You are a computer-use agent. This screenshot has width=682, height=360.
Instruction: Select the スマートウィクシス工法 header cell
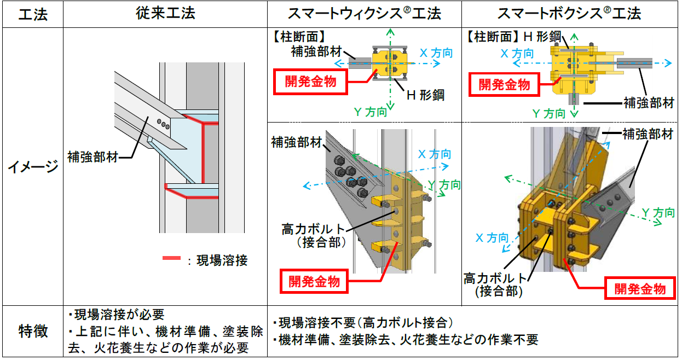point(364,14)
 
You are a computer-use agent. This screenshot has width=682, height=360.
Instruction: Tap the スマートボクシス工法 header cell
point(570,14)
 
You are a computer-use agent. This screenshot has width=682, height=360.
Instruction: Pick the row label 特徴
point(32,331)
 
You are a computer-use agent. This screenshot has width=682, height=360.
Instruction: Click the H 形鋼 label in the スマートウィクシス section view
point(425,95)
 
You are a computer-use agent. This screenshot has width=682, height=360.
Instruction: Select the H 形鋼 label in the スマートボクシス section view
point(542,37)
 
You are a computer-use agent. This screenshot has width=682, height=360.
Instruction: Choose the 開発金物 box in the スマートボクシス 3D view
point(640,288)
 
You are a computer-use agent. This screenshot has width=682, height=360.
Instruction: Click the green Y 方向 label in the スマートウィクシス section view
point(370,112)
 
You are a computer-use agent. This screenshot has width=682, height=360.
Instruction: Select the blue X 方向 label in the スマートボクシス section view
point(517,53)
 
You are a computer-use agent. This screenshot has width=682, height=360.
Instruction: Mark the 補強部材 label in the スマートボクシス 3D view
point(648,133)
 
